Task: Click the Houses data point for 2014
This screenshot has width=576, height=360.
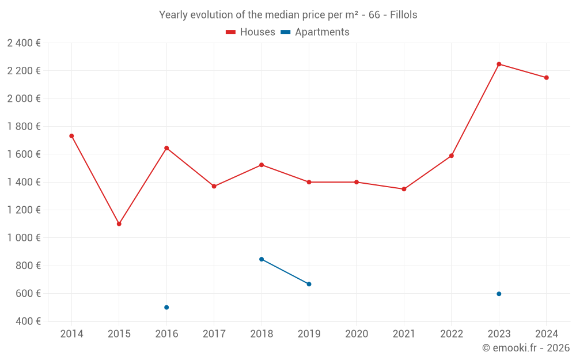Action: [x=71, y=136]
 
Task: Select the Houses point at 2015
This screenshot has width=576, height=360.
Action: [x=119, y=223]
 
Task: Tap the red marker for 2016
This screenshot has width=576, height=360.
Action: [x=166, y=148]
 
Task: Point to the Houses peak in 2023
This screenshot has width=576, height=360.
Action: [x=499, y=64]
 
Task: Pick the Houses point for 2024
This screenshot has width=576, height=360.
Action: [x=547, y=78]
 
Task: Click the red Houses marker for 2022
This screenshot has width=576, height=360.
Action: [x=452, y=156]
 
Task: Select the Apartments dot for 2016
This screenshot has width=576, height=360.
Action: [x=166, y=307]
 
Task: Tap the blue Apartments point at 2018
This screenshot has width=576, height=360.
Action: [x=262, y=259]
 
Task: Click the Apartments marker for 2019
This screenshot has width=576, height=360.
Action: [x=309, y=284]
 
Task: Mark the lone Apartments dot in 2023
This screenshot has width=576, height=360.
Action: [x=499, y=294]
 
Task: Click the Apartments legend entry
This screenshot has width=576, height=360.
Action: [x=315, y=32]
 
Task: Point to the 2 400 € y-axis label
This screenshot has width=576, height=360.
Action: [x=24, y=43]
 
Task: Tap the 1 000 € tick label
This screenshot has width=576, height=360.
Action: [x=24, y=238]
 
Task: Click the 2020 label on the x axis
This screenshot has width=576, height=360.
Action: [x=357, y=334]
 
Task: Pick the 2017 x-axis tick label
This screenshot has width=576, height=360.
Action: [x=214, y=334]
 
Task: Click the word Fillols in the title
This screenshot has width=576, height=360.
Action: [x=403, y=15]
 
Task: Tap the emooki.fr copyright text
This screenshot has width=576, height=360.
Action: [x=526, y=348]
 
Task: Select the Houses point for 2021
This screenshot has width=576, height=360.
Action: [x=404, y=189]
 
